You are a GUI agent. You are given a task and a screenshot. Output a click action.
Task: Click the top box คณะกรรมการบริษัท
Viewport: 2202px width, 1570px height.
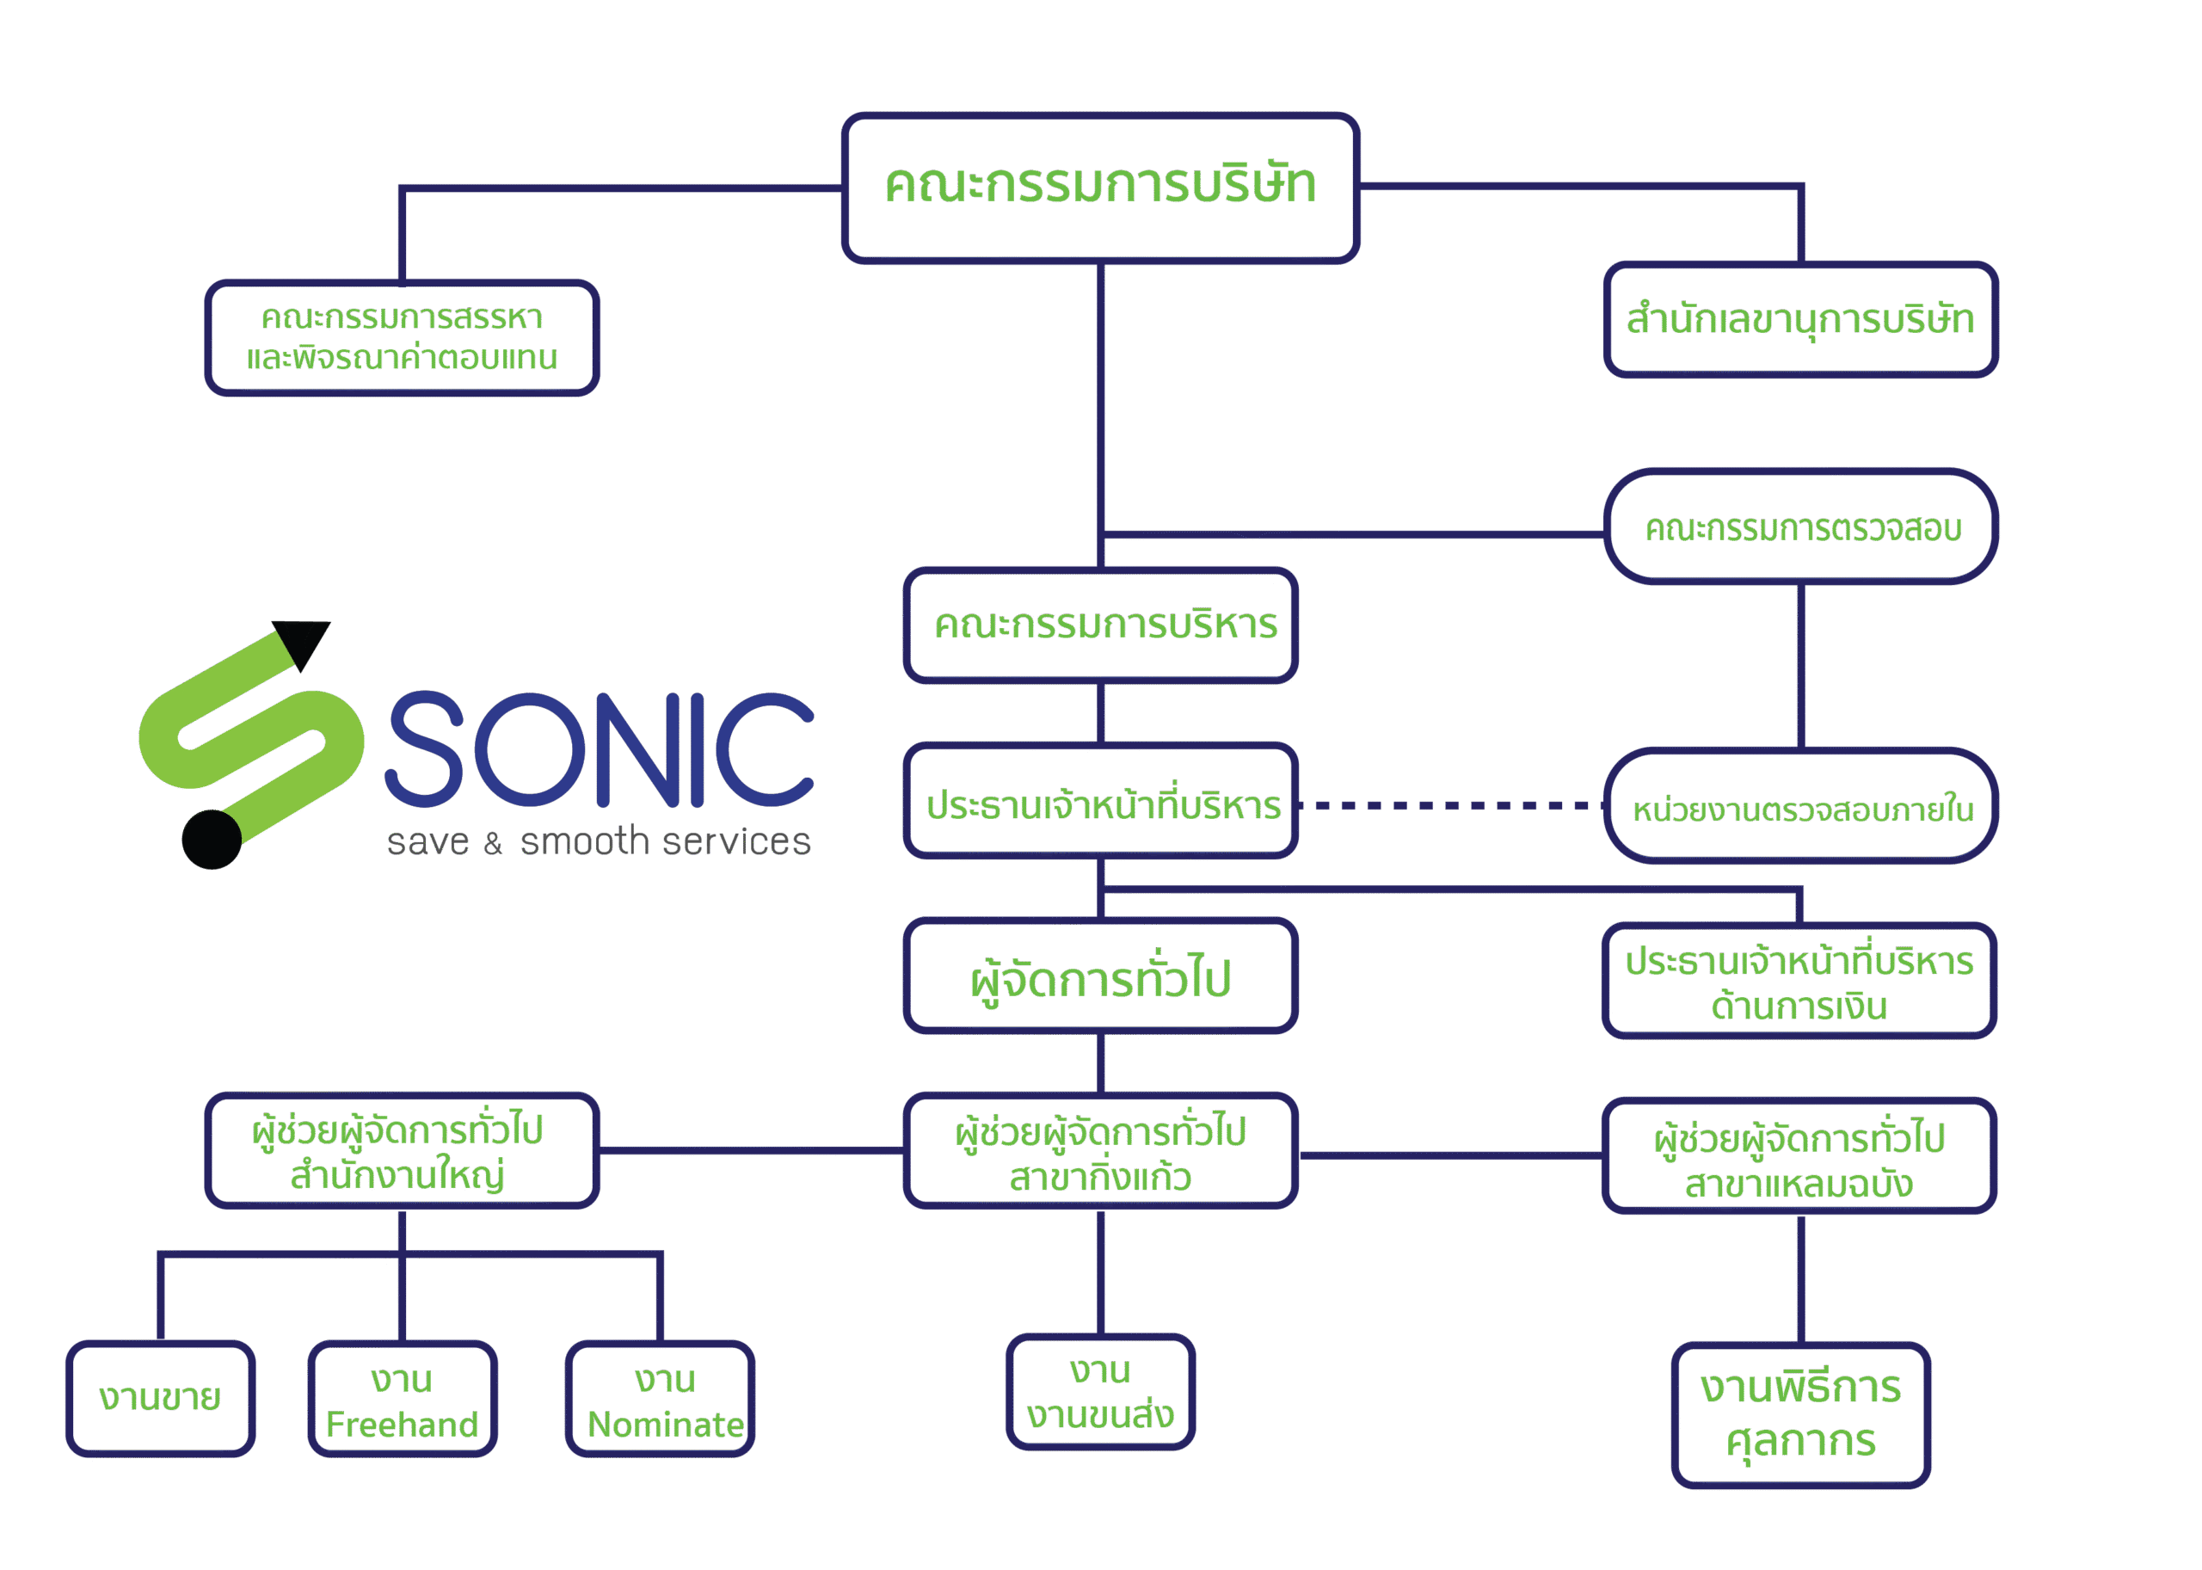click(1100, 188)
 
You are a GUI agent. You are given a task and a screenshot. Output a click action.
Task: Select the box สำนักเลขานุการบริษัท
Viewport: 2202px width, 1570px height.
click(1800, 319)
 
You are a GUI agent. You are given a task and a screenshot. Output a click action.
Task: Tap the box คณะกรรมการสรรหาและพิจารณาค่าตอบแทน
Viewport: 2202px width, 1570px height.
click(402, 337)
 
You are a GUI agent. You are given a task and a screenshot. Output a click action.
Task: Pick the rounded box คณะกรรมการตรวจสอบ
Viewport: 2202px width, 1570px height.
click(1801, 526)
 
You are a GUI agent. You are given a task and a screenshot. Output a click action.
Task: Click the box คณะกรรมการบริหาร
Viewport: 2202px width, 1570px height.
click(1100, 625)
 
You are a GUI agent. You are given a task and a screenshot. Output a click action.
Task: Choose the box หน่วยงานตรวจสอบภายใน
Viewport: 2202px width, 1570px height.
click(1801, 806)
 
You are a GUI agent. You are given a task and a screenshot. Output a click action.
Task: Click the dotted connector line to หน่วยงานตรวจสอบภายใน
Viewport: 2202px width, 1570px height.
click(1450, 805)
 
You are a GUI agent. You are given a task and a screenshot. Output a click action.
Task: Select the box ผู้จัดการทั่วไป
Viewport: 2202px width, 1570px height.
click(1100, 976)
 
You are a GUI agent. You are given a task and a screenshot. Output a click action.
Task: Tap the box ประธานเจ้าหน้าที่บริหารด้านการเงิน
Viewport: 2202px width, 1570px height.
click(1799, 982)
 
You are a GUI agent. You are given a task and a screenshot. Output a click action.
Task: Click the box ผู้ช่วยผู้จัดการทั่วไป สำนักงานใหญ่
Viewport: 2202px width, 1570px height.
click(402, 1150)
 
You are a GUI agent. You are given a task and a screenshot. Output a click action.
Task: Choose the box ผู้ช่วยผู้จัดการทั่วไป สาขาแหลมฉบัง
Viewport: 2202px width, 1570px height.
click(1799, 1156)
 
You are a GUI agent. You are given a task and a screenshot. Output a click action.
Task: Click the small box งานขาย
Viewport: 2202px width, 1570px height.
click(161, 1398)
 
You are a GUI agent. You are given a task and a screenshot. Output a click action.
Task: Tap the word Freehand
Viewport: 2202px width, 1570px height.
click(402, 1425)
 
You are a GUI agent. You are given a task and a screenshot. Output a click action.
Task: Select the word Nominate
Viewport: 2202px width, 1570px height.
click(665, 1425)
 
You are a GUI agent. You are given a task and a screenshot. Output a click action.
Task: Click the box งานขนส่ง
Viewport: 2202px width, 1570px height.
click(1100, 1392)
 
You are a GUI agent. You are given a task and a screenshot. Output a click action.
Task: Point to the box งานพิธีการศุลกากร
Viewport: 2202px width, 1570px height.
click(1801, 1415)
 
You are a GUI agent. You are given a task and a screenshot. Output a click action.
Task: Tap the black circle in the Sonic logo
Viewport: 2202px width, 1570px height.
click(212, 839)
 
